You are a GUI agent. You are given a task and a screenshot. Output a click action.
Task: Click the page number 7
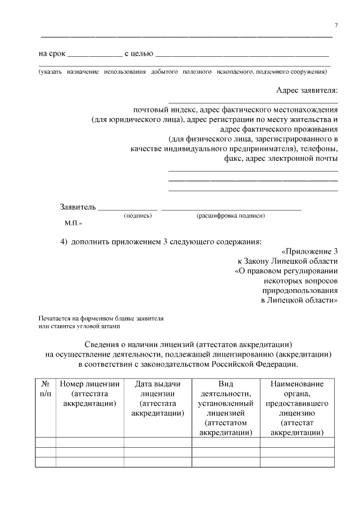tap(336, 26)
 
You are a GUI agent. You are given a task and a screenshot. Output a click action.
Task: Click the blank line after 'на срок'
tap(94, 56)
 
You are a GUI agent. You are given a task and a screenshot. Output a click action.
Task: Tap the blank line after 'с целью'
tap(241, 56)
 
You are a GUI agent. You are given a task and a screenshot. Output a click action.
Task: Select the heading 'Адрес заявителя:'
tap(307, 91)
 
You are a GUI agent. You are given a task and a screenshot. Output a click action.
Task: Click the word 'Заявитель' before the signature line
tap(78, 206)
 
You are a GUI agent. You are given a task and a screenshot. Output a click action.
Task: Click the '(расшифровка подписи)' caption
tap(231, 216)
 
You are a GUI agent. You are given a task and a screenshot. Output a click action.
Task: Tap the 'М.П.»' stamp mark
tap(74, 223)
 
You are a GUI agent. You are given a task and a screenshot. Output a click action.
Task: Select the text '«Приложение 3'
tap(310, 251)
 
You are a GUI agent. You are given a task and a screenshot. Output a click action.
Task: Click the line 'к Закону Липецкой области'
tap(287, 261)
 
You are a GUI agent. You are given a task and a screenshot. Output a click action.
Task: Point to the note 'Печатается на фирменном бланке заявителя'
tap(101, 318)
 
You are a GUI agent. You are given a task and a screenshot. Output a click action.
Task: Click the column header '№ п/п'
tap(46, 389)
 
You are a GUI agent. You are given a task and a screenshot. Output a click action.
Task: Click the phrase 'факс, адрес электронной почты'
tap(281, 159)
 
